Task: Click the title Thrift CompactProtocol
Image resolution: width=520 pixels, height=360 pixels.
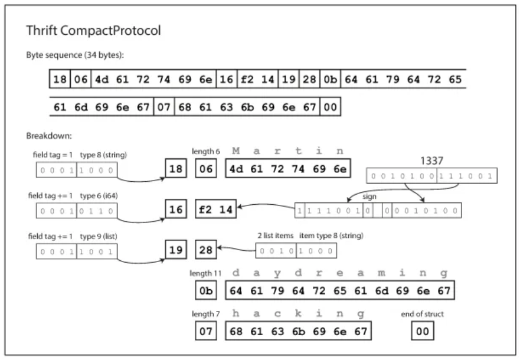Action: (94, 31)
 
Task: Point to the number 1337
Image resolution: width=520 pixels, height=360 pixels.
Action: (431, 160)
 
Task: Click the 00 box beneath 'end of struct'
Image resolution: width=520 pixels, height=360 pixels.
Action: (422, 332)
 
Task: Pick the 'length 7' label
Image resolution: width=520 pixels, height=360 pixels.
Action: (205, 313)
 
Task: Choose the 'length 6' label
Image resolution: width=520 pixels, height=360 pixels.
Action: (205, 152)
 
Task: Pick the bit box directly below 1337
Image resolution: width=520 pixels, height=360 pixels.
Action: (431, 176)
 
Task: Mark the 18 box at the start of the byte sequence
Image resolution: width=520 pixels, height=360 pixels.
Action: (60, 79)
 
